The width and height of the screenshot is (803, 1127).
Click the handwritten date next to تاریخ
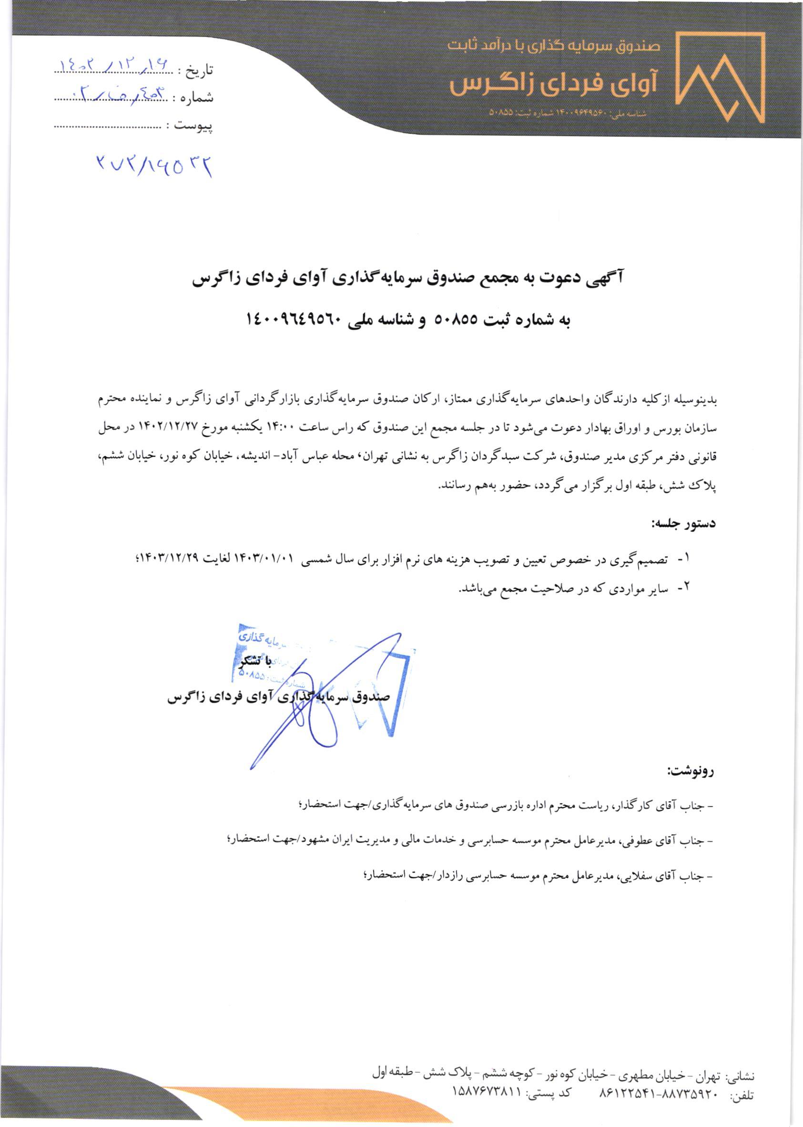point(113,65)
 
